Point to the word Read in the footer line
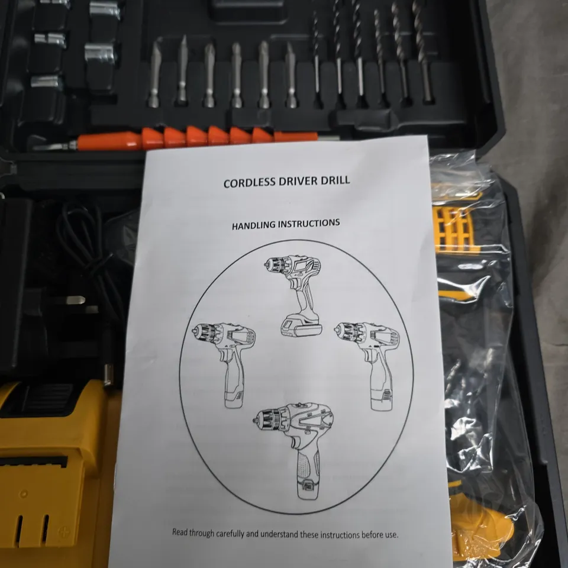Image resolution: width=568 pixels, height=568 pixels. [x=180, y=532]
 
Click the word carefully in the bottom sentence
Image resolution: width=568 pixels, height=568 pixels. [x=224, y=532]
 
